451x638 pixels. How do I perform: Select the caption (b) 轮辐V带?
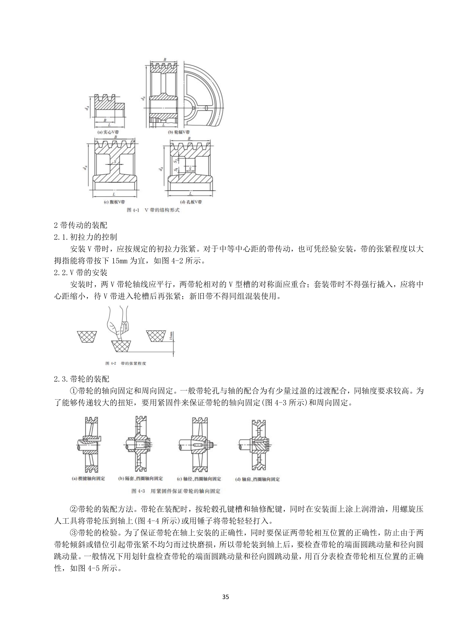tap(179, 132)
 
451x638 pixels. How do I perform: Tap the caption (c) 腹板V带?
tap(115, 202)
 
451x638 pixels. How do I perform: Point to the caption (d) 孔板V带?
tap(191, 202)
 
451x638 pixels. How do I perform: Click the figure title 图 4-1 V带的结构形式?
tap(153, 210)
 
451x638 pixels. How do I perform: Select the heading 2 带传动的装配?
tap(80, 226)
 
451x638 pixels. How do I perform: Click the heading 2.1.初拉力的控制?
tap(85, 237)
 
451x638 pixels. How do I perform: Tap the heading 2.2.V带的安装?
tap(80, 273)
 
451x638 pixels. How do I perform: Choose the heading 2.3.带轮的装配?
tap(81, 379)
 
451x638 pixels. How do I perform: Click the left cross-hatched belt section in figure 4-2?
tap(87, 337)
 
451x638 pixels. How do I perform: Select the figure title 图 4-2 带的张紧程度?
tap(125, 363)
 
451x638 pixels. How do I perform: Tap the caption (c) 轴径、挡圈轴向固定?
tap(199, 479)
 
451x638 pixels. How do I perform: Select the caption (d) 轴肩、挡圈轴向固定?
tap(258, 479)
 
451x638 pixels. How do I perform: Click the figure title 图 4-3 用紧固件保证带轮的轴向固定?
tap(176, 491)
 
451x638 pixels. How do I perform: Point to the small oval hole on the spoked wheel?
tap(206, 107)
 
